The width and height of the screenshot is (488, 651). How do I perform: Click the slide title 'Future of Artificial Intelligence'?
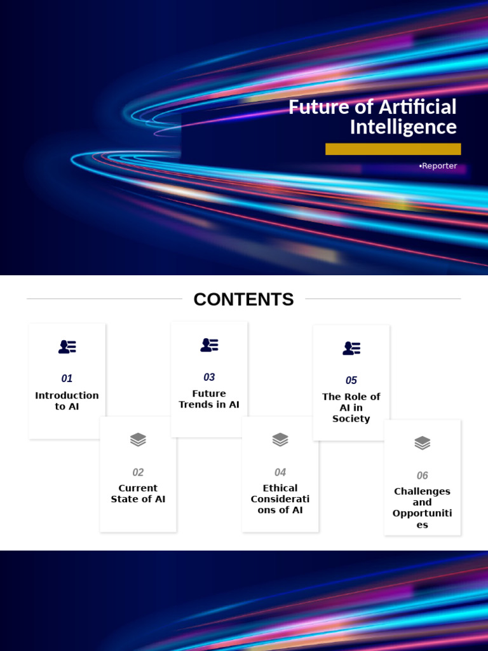372,116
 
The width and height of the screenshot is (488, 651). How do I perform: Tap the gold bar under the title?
393,149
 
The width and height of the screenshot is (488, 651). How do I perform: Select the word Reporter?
439,166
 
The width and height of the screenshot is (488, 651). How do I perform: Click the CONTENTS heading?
243,299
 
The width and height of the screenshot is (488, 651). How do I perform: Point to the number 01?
67,378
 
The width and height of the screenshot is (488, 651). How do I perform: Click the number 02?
138,472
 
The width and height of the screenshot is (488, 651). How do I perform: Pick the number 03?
209,377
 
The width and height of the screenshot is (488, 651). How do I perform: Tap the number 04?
280,472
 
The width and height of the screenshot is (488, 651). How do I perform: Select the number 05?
351,380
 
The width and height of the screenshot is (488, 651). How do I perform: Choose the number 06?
423,475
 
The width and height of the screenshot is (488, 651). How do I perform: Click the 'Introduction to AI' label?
67,401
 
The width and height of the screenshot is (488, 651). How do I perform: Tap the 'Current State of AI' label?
138,493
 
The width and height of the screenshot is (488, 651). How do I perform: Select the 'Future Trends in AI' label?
209,399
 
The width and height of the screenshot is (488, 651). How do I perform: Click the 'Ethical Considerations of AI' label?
280,499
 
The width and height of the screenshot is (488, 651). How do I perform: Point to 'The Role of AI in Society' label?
351,408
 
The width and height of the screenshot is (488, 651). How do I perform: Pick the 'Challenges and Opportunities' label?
423,507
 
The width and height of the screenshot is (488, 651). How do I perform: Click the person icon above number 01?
67,346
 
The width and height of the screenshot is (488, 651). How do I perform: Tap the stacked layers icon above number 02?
138,439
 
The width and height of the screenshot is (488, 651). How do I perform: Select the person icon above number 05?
351,348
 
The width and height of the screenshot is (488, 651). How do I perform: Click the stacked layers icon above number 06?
423,442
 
